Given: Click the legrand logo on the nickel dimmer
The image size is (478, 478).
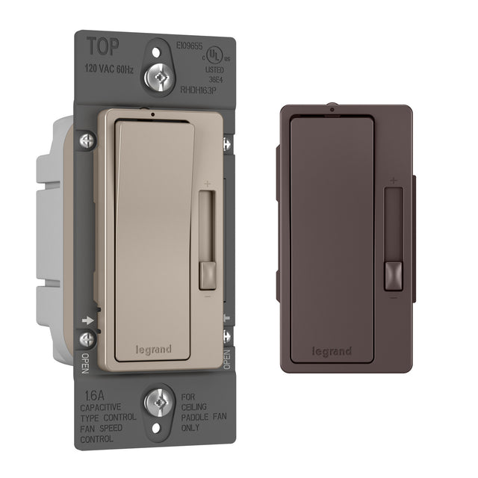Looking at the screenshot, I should point(153,349).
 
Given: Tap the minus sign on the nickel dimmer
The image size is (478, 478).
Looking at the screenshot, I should point(206,296).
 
